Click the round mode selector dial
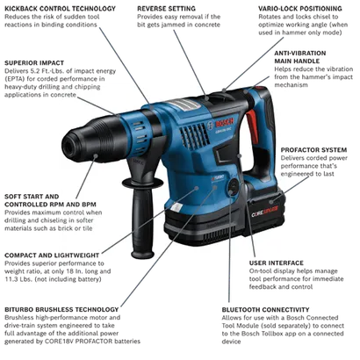230,187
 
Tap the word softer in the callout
84,220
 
